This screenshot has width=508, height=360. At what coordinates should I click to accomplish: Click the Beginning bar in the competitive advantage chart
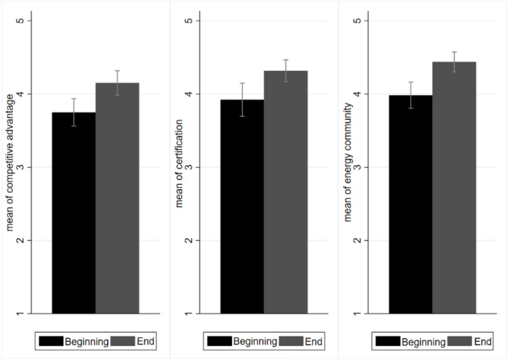[73, 213]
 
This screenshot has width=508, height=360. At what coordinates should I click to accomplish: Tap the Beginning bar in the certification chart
[242, 206]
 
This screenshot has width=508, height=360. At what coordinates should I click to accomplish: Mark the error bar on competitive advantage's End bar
[117, 83]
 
